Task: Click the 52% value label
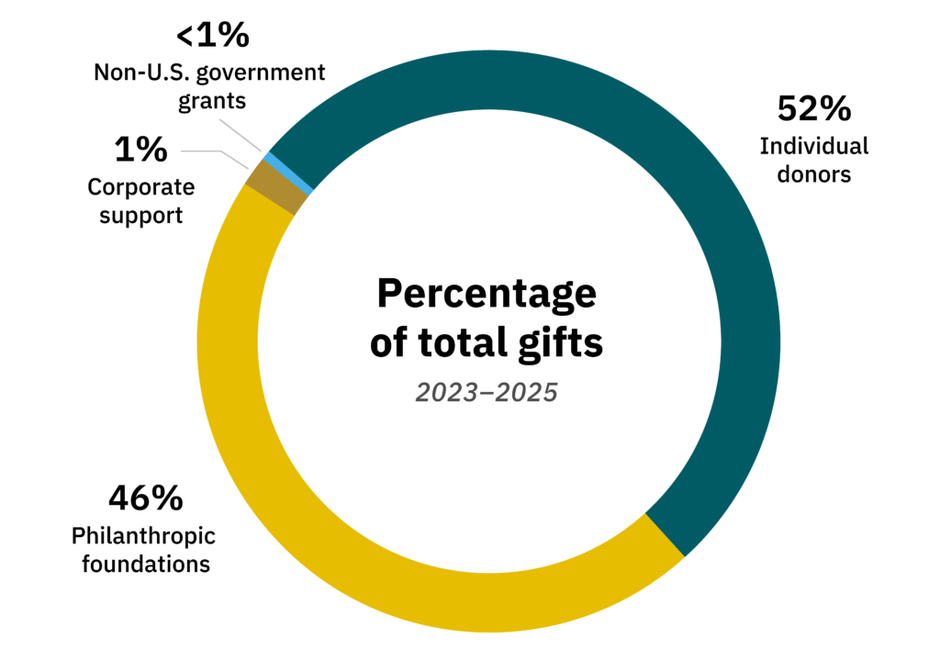tap(813, 108)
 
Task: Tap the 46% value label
tap(146, 498)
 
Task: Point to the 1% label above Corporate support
tap(140, 149)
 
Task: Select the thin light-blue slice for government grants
tap(287, 173)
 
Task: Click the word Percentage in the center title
tap(487, 295)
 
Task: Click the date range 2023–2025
tap(487, 393)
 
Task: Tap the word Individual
tap(813, 146)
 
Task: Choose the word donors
tap(813, 173)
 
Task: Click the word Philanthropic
tap(143, 535)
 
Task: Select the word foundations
tap(146, 563)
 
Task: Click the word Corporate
tap(140, 187)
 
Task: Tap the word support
tap(140, 216)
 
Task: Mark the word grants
tap(212, 100)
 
